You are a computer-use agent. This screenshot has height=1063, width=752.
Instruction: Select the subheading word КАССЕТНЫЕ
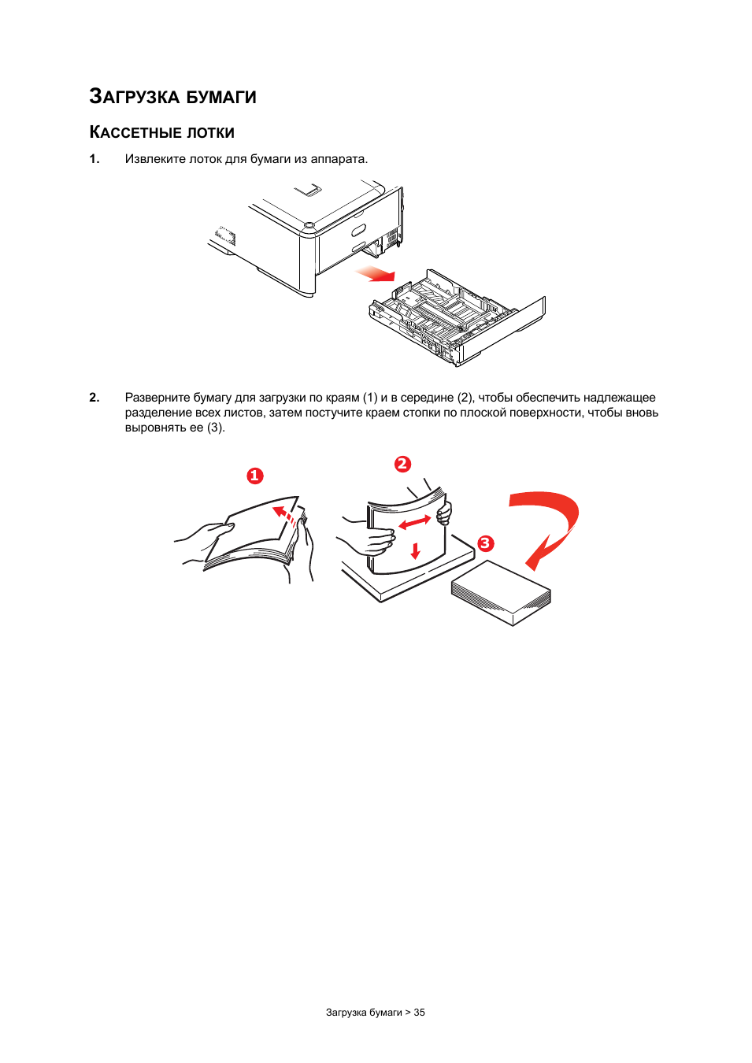[x=135, y=132]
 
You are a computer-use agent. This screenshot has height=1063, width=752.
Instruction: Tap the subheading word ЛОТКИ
[x=210, y=132]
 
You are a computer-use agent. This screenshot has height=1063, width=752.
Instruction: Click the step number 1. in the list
[x=94, y=159]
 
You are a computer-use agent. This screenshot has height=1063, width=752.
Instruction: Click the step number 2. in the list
[x=94, y=398]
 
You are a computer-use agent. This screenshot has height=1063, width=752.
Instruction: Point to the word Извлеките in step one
[x=155, y=159]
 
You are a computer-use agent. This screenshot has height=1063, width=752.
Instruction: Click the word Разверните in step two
[x=157, y=398]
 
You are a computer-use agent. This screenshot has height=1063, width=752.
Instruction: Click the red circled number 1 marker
[x=254, y=476]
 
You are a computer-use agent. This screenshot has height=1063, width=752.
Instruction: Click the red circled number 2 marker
[x=402, y=464]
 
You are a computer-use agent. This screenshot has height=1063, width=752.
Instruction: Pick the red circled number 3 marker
[x=485, y=543]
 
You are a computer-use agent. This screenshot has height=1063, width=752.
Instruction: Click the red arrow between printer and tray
[x=376, y=274]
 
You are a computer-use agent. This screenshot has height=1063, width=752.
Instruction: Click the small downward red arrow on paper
[x=416, y=550]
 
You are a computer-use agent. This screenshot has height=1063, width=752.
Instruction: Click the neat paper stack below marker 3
[x=501, y=593]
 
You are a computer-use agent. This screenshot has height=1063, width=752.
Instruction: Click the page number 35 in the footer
[x=420, y=1013]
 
